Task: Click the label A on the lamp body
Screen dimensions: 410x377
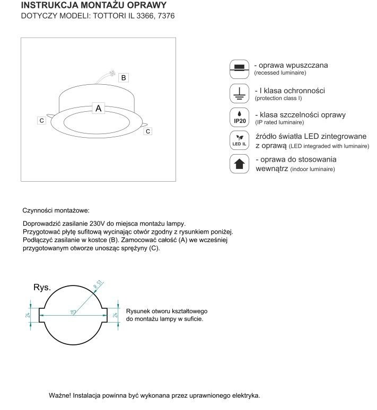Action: coord(98,108)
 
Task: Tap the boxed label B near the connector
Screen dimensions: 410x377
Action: coord(123,77)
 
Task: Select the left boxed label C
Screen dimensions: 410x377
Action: coord(41,121)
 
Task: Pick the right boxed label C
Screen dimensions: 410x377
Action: coord(148,130)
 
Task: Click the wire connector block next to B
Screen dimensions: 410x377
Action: coord(111,72)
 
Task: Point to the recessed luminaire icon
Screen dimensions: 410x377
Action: coord(239,67)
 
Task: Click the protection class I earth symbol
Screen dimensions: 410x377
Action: coord(239,93)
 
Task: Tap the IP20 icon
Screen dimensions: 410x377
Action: coord(239,117)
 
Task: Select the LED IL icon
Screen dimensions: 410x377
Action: coord(239,140)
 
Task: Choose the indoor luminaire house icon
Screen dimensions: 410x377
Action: coord(239,164)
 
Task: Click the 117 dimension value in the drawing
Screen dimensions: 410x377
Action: coord(73,314)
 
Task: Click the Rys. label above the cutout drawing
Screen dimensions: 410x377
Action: coord(42,288)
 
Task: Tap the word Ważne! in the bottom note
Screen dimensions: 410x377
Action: coord(59,396)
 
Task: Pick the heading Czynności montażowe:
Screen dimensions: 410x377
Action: coord(56,210)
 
